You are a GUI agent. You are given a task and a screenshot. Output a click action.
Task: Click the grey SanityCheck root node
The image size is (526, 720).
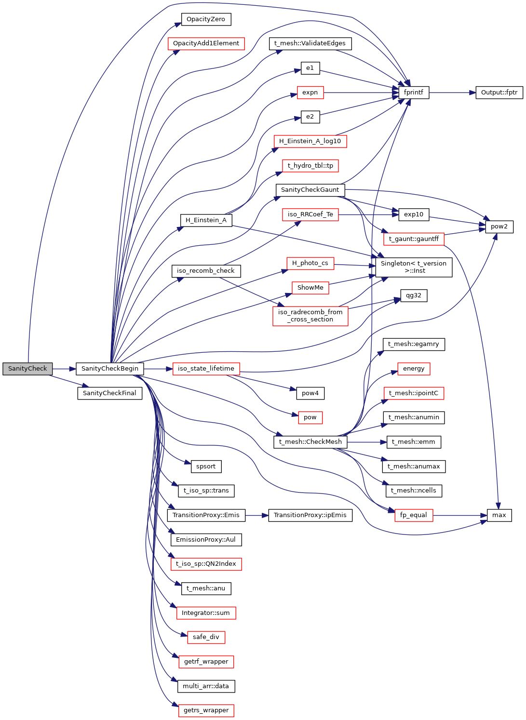point(27,369)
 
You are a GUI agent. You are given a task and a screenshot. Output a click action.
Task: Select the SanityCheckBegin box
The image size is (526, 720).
point(109,369)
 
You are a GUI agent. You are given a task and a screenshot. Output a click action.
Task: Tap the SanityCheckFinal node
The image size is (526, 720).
point(109,393)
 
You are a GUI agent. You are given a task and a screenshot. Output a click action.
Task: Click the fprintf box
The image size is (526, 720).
point(413,93)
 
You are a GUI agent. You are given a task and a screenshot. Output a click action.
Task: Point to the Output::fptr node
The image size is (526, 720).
point(499,93)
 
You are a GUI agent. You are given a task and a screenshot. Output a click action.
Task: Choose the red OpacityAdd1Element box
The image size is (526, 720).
point(206,43)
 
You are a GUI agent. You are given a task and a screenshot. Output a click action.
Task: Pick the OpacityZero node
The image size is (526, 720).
point(206,19)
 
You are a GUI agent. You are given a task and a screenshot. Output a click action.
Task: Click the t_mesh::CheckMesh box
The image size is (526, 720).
point(310,442)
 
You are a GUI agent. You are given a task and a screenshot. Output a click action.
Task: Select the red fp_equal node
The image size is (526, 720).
point(413,515)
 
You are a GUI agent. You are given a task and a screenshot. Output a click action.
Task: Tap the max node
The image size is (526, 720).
point(499,515)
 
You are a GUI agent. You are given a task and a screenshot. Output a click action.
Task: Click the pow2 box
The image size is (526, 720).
point(499,227)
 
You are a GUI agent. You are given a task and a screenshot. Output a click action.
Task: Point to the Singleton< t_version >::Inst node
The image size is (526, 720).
point(413,267)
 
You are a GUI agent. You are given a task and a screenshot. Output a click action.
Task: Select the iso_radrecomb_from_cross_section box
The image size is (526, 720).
point(310,316)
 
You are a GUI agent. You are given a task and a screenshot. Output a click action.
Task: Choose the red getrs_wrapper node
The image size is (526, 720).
point(206,710)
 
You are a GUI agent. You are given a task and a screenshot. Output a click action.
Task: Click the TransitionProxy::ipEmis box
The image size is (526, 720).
point(310,515)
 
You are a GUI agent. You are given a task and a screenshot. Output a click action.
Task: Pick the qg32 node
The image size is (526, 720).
point(413,295)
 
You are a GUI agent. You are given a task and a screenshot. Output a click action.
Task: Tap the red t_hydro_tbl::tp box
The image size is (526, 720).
point(310,166)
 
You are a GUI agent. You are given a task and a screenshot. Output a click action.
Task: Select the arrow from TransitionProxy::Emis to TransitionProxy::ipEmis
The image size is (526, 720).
point(256,515)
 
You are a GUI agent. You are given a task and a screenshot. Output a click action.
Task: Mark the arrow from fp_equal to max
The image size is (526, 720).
point(460,515)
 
